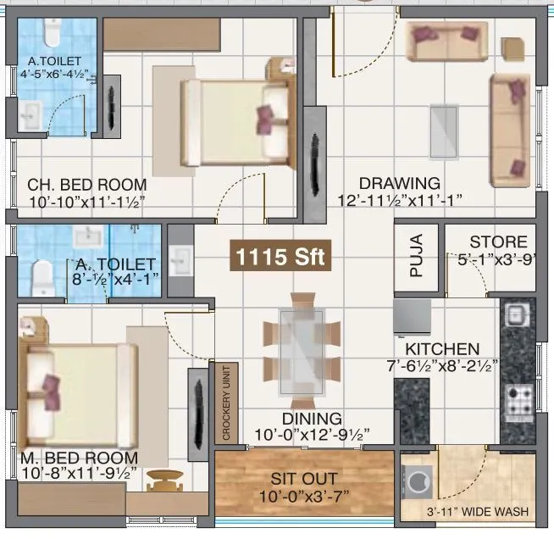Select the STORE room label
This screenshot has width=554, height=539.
pyautogui.click(x=498, y=242)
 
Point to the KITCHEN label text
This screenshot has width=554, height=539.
pyautogui.click(x=441, y=349)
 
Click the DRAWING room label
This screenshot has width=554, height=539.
pyautogui.click(x=399, y=183)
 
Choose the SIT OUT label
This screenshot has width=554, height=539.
pyautogui.click(x=304, y=479)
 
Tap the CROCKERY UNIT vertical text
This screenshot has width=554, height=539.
pyautogui.click(x=226, y=403)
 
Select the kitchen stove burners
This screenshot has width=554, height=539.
pyautogui.click(x=516, y=396)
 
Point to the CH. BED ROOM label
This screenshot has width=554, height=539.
pyautogui.click(x=86, y=185)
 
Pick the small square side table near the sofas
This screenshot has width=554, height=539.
pyautogui.click(x=512, y=47)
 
